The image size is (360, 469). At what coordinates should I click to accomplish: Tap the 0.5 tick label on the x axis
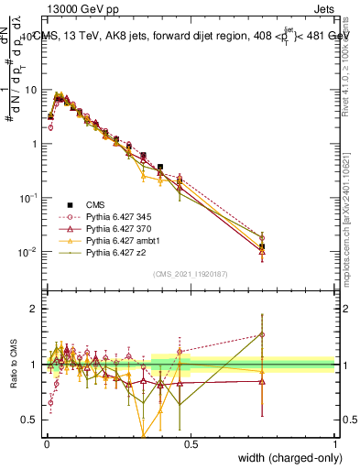191,443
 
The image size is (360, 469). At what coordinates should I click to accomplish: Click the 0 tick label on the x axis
47,443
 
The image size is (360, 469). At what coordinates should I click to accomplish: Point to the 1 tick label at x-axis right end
335,443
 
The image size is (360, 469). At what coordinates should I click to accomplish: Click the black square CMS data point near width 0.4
160,168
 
